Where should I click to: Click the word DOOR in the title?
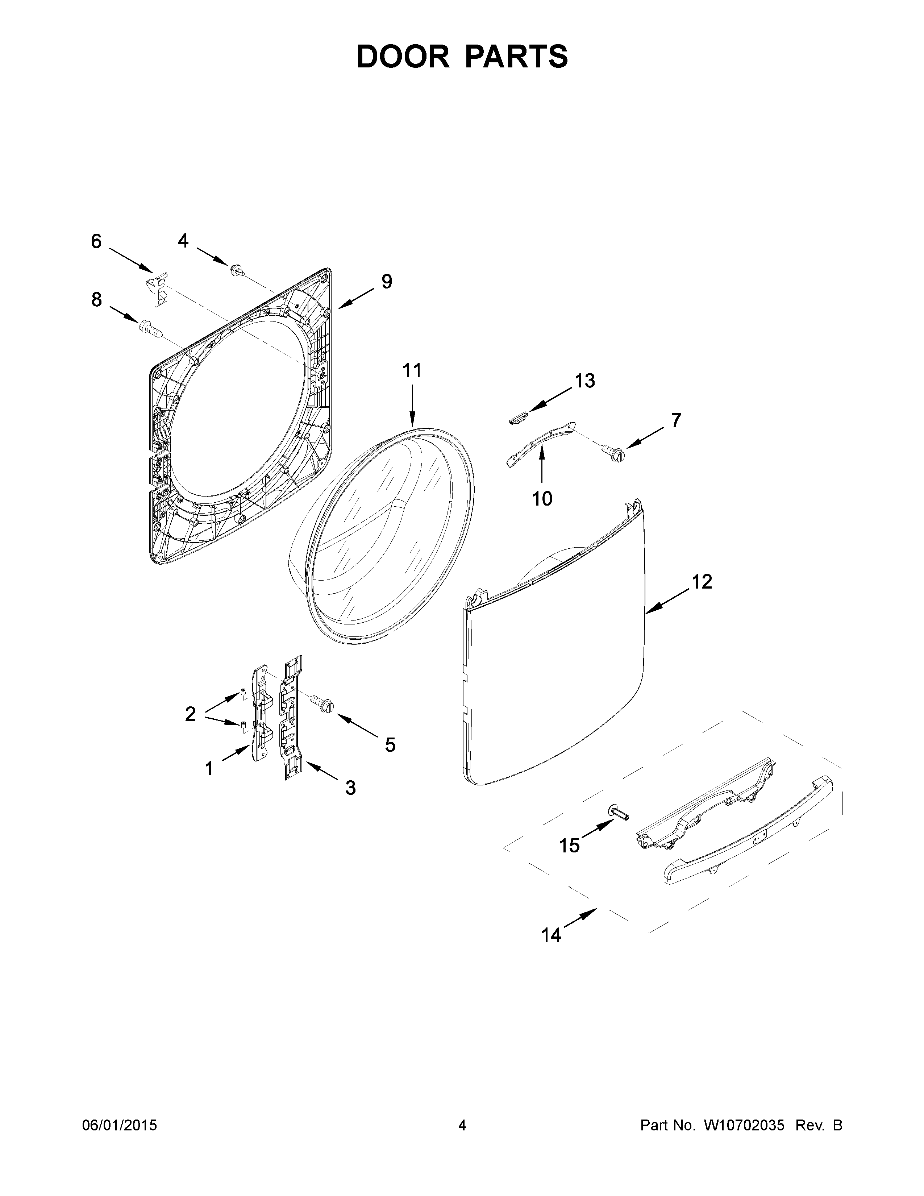[x=402, y=57]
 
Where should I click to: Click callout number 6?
[x=96, y=241]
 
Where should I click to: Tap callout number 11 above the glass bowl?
[x=412, y=371]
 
